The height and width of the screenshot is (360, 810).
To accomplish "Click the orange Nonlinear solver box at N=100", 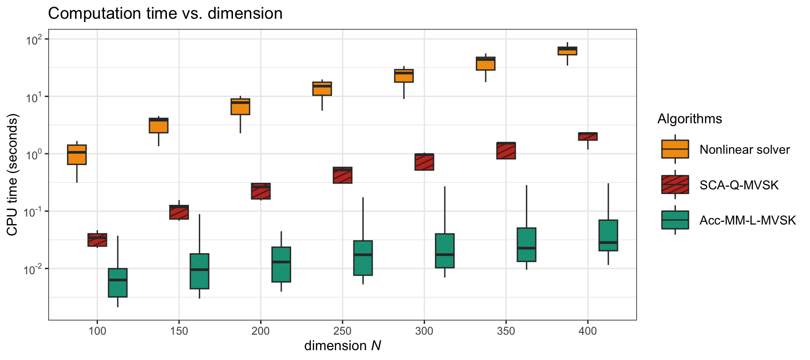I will [x=77, y=155].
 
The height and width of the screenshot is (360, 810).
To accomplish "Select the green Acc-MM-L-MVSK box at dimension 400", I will [x=608, y=235].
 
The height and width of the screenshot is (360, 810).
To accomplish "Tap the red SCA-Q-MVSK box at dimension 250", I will [x=343, y=175].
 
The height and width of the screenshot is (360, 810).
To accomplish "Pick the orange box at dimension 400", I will [x=567, y=51].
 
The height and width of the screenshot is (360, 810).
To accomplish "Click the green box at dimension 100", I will [x=118, y=283].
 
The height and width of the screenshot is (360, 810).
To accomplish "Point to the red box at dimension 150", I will [x=179, y=212].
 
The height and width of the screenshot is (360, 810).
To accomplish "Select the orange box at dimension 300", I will [x=404, y=75].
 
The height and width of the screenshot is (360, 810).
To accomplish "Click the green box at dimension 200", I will [x=281, y=264].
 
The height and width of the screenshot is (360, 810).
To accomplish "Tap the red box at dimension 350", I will [x=506, y=150].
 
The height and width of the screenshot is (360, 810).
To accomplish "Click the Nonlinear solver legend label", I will [x=744, y=150].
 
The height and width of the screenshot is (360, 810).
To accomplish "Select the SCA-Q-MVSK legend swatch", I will [x=675, y=185].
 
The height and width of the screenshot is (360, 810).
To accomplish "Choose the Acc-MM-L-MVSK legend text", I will [x=747, y=220].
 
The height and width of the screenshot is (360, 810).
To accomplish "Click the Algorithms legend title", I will [x=689, y=119].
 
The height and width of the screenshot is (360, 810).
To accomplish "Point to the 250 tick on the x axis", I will [x=342, y=331].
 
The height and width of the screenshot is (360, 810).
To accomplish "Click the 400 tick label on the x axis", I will [x=587, y=331].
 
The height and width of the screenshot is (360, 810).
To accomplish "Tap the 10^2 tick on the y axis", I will [x=34, y=39].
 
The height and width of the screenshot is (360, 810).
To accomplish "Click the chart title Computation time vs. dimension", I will [x=165, y=13].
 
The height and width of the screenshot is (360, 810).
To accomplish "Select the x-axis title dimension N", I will [x=342, y=346].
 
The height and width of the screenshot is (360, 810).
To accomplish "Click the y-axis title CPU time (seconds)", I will [x=12, y=174].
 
